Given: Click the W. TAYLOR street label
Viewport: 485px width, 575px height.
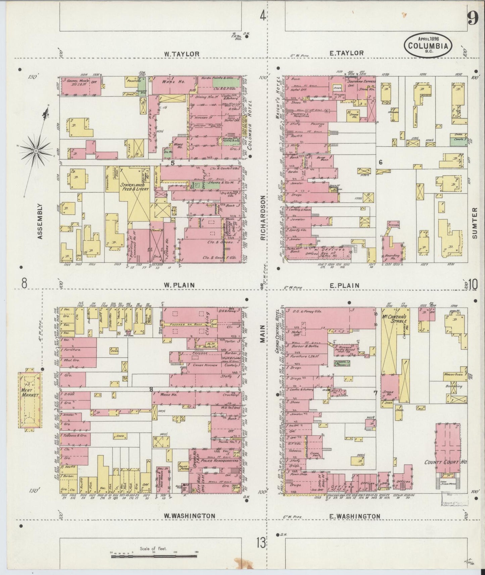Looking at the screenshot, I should point(182,54).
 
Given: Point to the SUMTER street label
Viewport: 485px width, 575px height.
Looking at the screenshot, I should point(475,222).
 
